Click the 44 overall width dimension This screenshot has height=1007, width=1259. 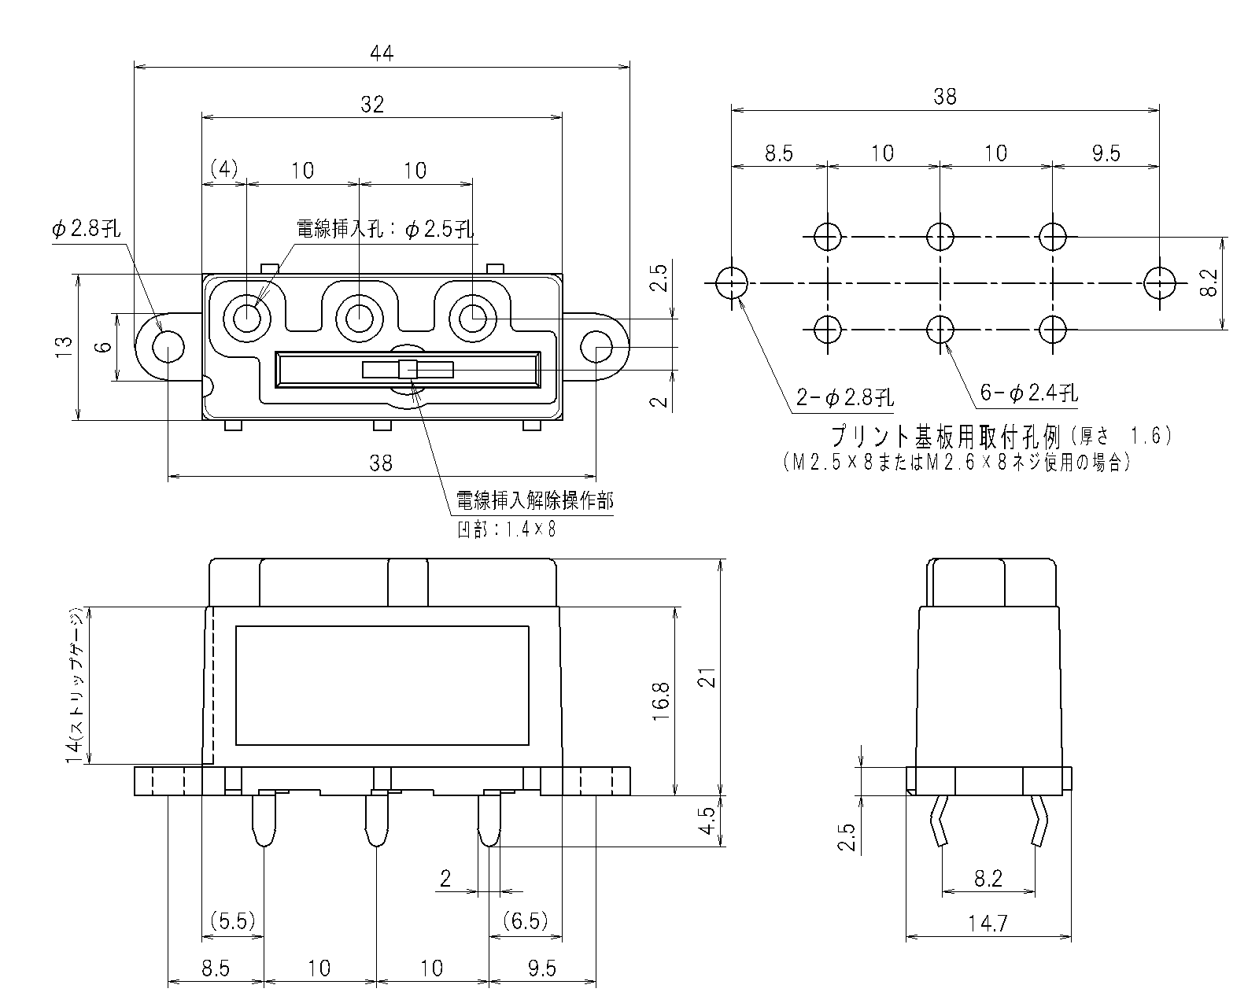pyautogui.click(x=382, y=53)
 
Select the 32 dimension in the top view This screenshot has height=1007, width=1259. pyautogui.click(x=372, y=104)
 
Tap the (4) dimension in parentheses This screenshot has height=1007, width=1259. pyautogui.click(x=224, y=170)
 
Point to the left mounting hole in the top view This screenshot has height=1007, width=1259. pyautogui.click(x=168, y=347)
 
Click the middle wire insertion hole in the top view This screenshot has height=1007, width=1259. pyautogui.click(x=359, y=318)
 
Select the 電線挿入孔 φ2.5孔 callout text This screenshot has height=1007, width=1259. pyautogui.click(x=385, y=229)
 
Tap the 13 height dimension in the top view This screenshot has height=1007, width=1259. pyautogui.click(x=65, y=346)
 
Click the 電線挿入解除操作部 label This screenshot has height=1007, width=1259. pyautogui.click(x=534, y=501)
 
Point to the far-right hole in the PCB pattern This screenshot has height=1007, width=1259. pyautogui.click(x=1160, y=282)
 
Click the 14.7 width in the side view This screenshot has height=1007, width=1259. pyautogui.click(x=988, y=923)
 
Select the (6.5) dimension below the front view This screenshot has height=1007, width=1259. pyautogui.click(x=526, y=920)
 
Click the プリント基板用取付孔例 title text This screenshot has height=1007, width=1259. pyautogui.click(x=947, y=435)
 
